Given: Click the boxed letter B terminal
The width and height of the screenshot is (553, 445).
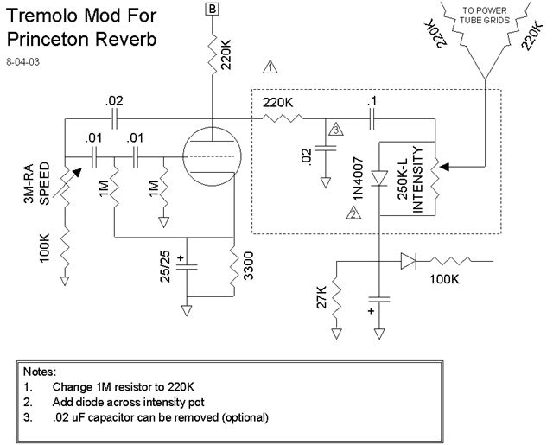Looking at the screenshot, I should coord(212,9).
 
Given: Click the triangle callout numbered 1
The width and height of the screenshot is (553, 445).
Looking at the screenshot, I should coord(270,67).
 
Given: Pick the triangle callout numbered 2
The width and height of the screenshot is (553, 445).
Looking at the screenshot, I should coord(353,215).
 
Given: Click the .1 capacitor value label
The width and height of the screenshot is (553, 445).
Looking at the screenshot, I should coord(372,102).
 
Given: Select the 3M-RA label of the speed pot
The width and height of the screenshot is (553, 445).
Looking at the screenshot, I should coord(29,184).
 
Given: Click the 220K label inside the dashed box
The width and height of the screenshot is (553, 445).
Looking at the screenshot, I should coord(277,102).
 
